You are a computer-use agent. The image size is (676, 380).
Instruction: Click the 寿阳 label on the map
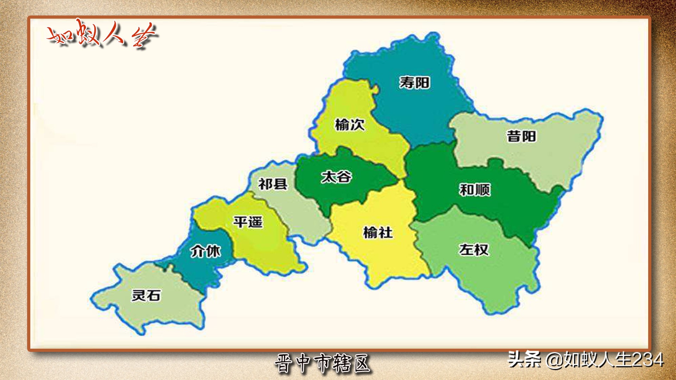tap(414, 83)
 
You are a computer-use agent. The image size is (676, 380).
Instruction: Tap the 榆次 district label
tap(349, 125)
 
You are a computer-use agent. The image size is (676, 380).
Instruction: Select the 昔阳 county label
tap(521, 136)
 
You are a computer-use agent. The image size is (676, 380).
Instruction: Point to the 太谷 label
tap(336, 177)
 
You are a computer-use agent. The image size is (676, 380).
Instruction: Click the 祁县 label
tap(273, 184)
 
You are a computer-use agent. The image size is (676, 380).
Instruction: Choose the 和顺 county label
tap(475, 190)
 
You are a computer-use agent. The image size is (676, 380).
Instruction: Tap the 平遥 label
tap(248, 222)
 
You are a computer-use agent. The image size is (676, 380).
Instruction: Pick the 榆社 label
tap(378, 233)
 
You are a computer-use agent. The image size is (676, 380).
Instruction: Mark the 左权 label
tap(474, 250)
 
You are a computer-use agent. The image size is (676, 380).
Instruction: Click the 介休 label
tap(206, 251)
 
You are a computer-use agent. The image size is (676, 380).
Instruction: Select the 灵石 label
tap(146, 295)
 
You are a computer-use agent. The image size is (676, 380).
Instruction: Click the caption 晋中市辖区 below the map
tap(323, 363)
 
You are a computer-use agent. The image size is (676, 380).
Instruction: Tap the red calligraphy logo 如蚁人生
tap(102, 34)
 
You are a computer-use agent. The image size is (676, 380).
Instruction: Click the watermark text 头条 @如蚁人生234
tap(586, 360)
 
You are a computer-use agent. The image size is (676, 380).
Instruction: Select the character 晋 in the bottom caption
tap(284, 363)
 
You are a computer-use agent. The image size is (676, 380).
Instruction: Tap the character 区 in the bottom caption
tap(362, 363)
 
